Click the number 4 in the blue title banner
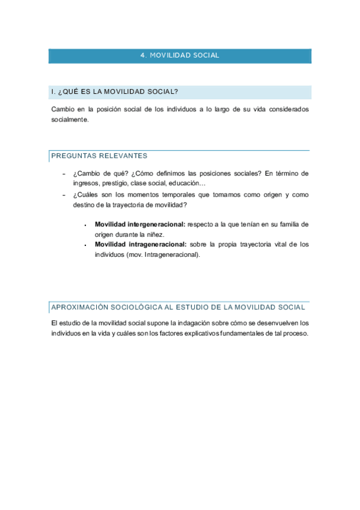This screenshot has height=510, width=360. click(x=142, y=55)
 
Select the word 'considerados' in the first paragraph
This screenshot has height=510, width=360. click(x=286, y=109)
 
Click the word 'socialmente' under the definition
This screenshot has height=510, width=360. click(x=70, y=120)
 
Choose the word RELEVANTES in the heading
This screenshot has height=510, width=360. click(x=124, y=156)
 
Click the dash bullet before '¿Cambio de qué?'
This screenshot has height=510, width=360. click(x=64, y=173)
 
